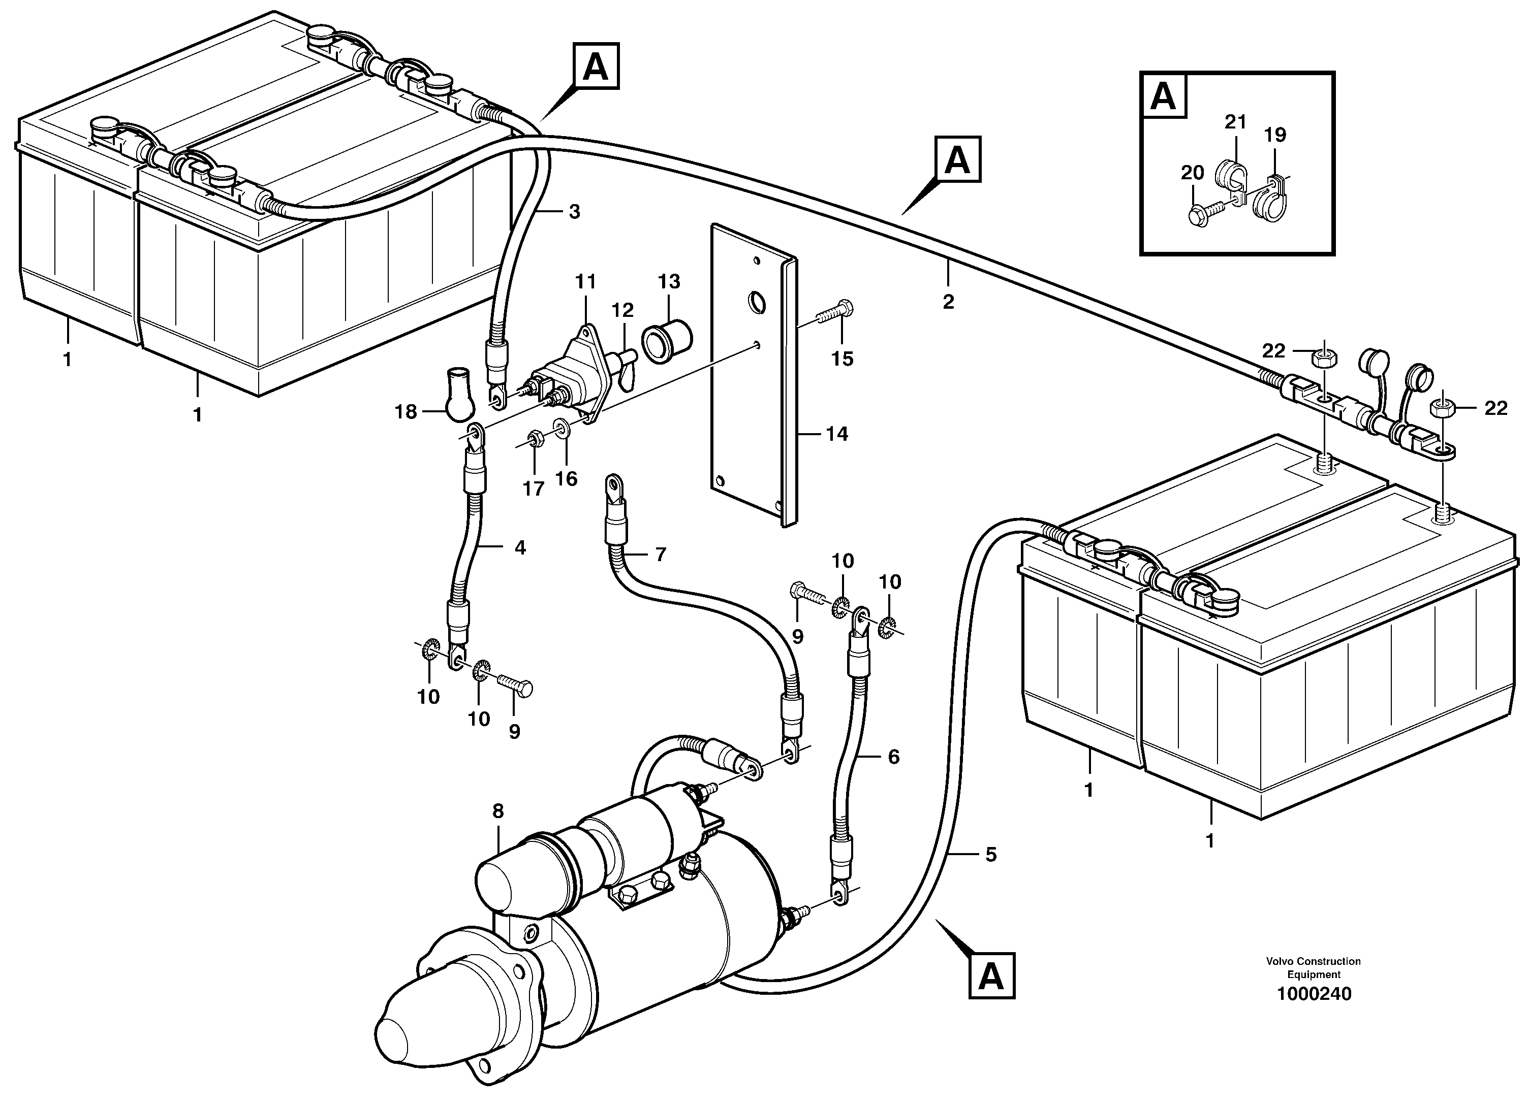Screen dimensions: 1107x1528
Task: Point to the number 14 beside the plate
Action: (837, 434)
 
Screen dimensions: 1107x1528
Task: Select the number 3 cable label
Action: (574, 212)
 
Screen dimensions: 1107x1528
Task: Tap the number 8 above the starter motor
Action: (498, 811)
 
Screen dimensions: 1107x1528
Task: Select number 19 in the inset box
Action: (1274, 136)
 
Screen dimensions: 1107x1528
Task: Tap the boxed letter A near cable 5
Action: (991, 975)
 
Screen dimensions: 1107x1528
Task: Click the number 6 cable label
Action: (893, 757)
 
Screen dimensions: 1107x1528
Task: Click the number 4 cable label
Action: (520, 548)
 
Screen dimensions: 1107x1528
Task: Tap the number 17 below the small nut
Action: (533, 490)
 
